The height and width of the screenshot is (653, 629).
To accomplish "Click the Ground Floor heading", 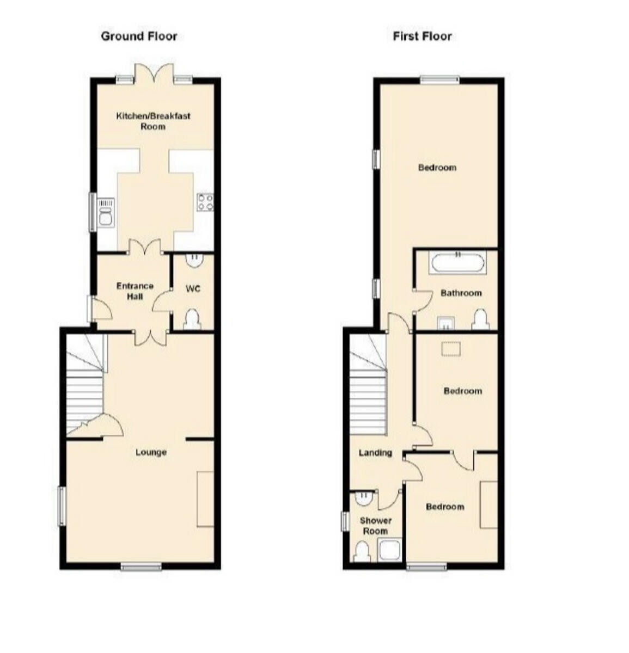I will coord(139,36).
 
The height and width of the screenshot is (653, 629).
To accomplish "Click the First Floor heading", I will coord(422,36).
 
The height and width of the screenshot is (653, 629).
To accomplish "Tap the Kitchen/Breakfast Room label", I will coord(153,121).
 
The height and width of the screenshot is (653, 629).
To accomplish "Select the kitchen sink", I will coord(106,213).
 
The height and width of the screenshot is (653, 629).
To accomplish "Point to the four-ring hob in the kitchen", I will coord(205,202).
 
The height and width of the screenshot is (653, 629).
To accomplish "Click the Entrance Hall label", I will coord(135,291).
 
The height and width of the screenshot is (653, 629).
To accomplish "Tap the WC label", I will coord(193,288).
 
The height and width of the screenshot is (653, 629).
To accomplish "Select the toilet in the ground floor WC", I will coord(192,319).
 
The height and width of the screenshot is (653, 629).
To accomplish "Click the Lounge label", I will coord(151,452).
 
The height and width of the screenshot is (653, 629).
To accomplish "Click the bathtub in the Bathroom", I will coord(457,263).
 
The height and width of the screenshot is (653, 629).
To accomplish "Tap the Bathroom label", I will coord(461,293).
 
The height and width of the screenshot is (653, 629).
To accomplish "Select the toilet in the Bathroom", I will coord(479,321).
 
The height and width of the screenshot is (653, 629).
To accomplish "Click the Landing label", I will coord(375,453).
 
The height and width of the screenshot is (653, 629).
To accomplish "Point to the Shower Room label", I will coord(375,526).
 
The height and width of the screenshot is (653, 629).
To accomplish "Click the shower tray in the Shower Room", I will coord(390,550).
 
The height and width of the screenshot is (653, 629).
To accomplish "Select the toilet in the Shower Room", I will coord(362,552).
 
